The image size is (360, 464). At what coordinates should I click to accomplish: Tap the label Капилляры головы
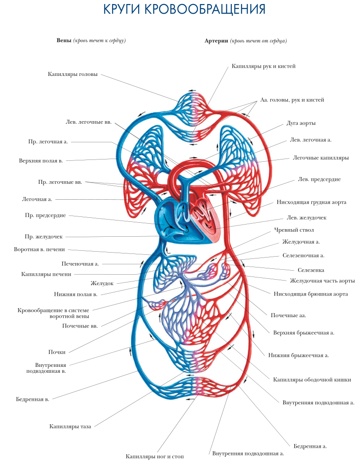(x=73, y=74)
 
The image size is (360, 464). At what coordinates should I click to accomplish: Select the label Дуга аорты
(x=301, y=123)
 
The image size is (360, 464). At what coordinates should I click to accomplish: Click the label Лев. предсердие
(x=319, y=179)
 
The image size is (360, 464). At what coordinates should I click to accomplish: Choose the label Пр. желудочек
(x=44, y=236)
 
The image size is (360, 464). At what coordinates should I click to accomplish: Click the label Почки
(x=57, y=352)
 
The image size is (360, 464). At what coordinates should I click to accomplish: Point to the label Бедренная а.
(x=310, y=446)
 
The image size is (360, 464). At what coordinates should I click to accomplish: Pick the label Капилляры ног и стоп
(x=155, y=456)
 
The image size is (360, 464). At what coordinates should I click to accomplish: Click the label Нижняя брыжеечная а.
(x=298, y=355)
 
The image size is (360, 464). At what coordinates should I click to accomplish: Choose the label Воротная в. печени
(x=40, y=249)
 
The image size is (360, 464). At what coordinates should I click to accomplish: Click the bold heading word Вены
(x=64, y=40)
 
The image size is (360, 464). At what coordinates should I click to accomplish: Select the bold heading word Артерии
(x=216, y=41)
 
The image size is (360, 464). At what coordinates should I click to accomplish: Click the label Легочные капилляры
(x=320, y=158)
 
